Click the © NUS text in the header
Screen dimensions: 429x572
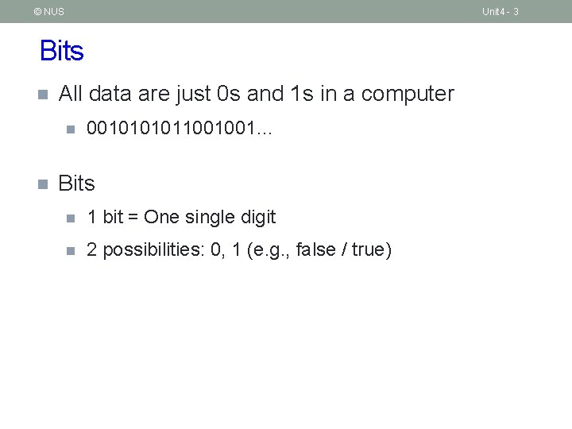(x=48, y=12)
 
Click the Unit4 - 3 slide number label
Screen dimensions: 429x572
(x=500, y=12)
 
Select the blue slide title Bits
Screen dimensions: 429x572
(x=61, y=52)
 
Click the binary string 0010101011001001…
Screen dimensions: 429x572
(x=179, y=128)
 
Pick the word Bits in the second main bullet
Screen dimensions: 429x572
(x=76, y=184)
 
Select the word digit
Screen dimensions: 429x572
(x=257, y=217)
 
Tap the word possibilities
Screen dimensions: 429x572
(x=154, y=250)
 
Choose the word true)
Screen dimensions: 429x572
(x=372, y=250)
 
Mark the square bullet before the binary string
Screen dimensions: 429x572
(x=70, y=129)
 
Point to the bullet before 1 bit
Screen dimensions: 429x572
(x=70, y=218)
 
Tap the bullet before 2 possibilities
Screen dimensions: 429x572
(x=70, y=251)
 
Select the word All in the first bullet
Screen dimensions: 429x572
(x=71, y=94)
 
